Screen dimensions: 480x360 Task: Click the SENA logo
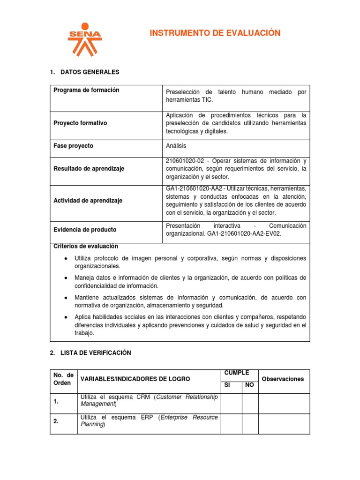click(84, 39)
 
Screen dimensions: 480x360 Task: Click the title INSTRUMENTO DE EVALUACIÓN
click(215, 33)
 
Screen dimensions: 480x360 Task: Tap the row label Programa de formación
click(86, 90)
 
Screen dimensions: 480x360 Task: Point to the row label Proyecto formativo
click(80, 123)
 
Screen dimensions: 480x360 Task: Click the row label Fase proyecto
click(73, 146)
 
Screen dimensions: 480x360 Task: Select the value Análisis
click(176, 146)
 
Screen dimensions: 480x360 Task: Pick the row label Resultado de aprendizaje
click(89, 169)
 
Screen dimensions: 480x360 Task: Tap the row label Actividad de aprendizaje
click(88, 200)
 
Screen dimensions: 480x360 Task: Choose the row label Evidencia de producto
click(85, 230)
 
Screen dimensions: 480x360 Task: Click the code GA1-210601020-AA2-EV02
click(241, 233)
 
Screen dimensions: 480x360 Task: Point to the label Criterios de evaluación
click(86, 246)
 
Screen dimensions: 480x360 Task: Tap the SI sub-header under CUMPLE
click(227, 385)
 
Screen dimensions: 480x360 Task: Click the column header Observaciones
click(283, 379)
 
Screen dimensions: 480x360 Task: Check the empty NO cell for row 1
click(250, 403)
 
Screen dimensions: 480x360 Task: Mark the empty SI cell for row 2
click(231, 424)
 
